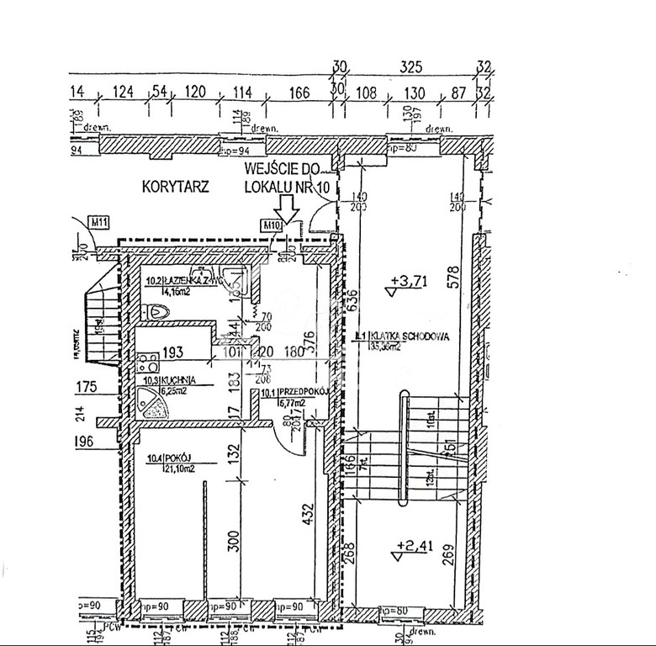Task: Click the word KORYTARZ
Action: tap(176, 187)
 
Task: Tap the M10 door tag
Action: tap(271, 225)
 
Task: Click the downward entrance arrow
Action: tap(288, 208)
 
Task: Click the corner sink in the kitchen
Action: tap(155, 406)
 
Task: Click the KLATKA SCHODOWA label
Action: tap(404, 336)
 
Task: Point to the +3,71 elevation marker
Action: tap(407, 283)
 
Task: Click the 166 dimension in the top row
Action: tap(299, 93)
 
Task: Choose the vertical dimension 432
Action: tap(308, 511)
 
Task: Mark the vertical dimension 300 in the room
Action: tap(234, 538)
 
